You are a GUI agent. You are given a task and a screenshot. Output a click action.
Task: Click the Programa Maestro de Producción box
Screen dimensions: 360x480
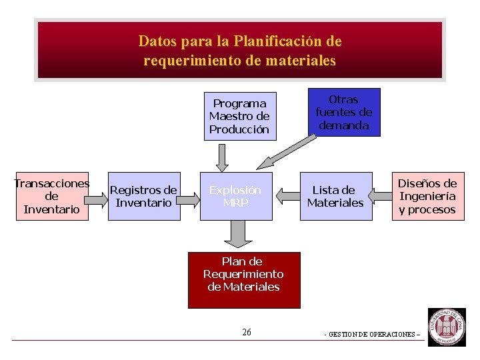tap(239, 117)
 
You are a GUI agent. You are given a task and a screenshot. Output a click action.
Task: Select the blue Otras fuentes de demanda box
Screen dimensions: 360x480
tap(344, 113)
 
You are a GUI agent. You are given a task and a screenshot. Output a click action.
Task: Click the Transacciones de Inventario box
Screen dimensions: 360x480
tap(51, 197)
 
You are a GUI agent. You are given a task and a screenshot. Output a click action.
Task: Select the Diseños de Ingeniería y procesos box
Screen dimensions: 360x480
tap(427, 197)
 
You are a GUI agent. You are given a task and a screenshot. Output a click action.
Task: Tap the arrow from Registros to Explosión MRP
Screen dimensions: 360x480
tap(191, 196)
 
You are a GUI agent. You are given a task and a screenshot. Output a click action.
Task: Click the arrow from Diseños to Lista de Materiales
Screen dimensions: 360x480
tap(381, 196)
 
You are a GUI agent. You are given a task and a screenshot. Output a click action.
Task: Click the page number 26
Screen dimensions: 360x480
tap(247, 333)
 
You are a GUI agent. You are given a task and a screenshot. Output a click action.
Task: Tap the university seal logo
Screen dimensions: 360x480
tap(447, 327)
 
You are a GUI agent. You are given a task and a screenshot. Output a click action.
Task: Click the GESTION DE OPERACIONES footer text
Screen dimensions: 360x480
tap(373, 335)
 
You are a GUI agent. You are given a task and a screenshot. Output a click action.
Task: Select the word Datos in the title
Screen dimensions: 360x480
tap(154, 41)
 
